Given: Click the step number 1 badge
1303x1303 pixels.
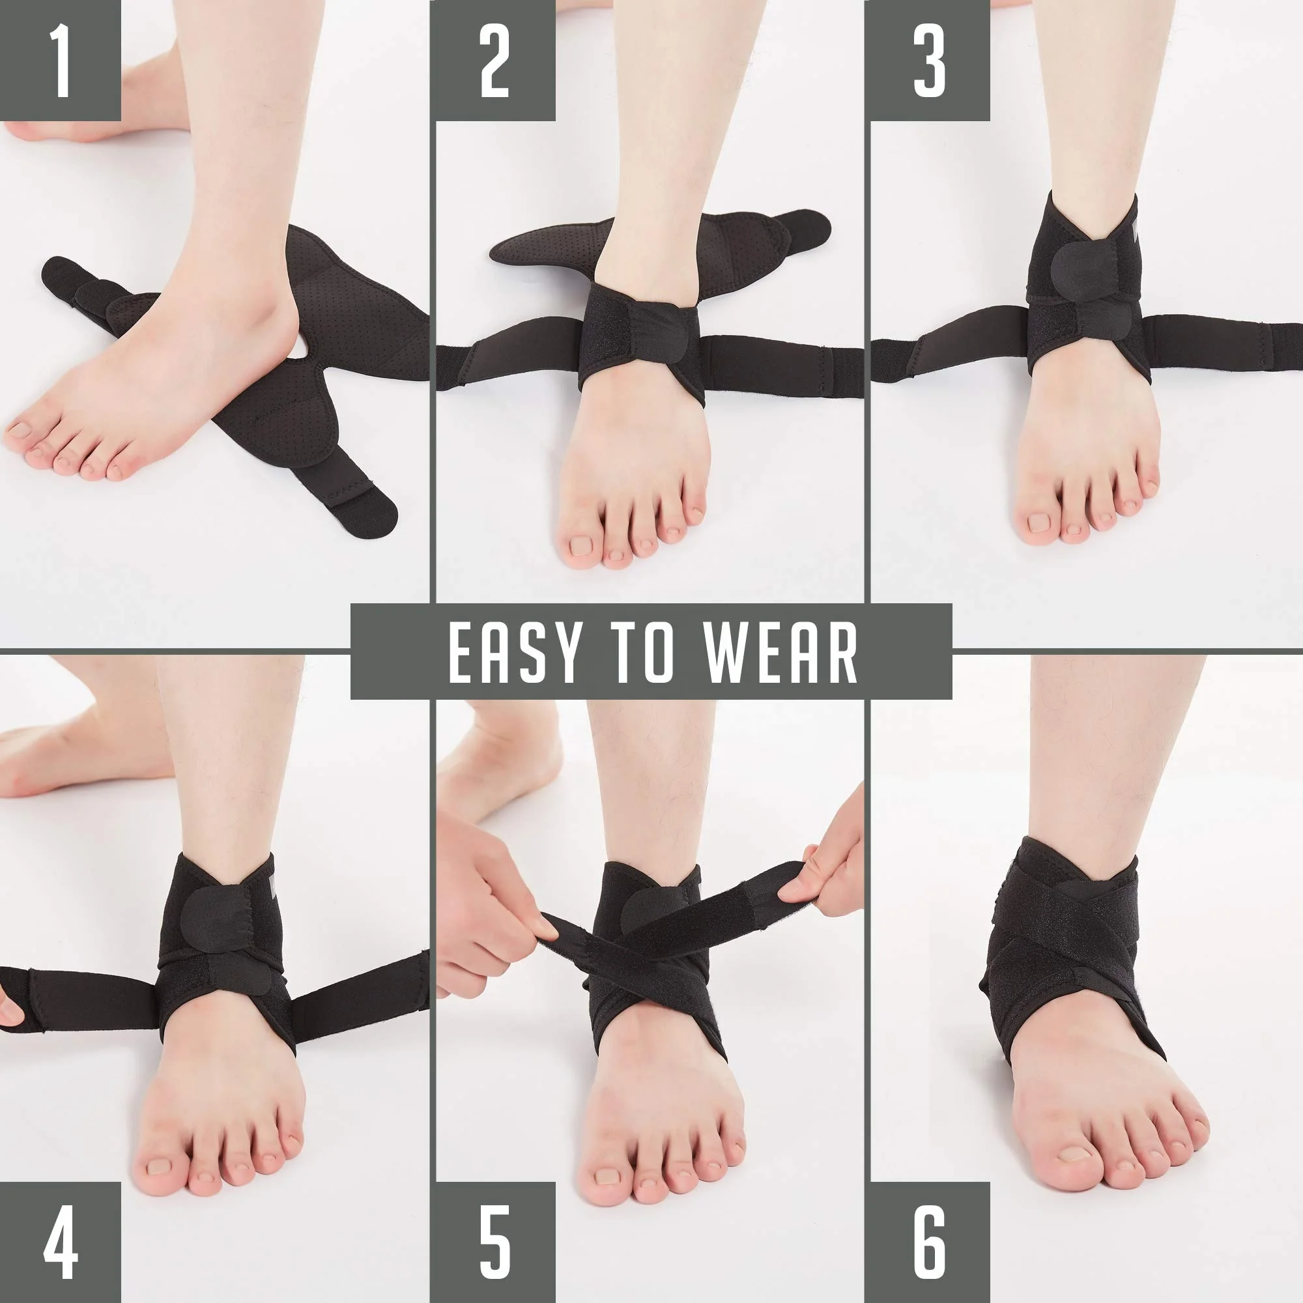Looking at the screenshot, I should tap(61, 61).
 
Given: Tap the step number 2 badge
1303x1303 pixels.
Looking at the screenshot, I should tap(494, 61).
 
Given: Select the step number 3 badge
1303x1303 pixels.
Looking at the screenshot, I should tap(928, 61).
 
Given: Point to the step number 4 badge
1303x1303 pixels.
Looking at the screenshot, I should tap(61, 1243).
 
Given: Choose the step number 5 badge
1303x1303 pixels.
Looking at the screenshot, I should tap(494, 1243).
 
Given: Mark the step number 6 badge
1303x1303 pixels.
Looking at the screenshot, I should tap(928, 1243).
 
